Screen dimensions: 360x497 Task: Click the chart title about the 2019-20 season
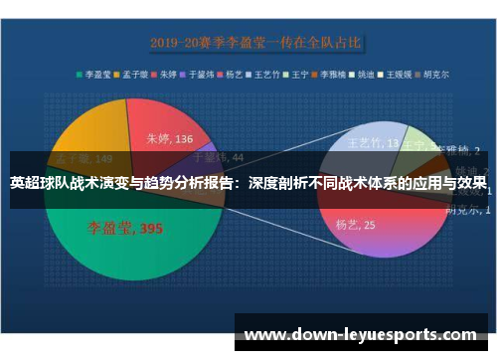tap(255, 43)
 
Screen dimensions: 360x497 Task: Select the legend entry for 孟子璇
tap(135, 74)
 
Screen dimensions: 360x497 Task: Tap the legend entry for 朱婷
tap(172, 74)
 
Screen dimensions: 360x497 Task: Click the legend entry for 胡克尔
tap(433, 74)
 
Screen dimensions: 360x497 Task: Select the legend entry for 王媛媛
tap(399, 74)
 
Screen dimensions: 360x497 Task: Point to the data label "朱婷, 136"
tap(170, 139)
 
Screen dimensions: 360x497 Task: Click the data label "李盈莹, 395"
tap(124, 228)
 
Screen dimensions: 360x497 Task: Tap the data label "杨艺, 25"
tap(355, 226)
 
